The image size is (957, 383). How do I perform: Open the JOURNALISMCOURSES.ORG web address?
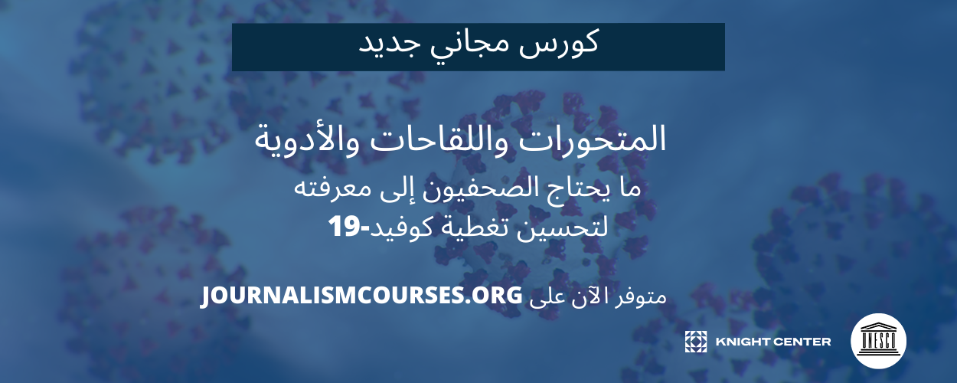[361, 296]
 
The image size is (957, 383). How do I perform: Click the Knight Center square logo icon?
[696, 342]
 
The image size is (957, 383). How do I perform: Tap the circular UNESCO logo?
[878, 341]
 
